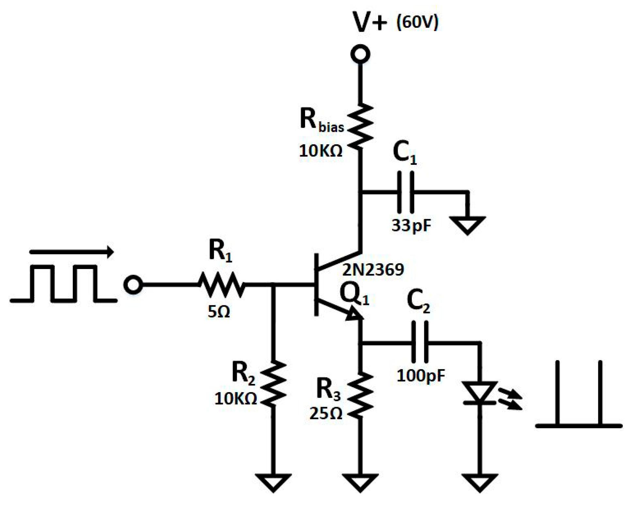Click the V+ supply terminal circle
[360, 54]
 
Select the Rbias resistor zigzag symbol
[360, 126]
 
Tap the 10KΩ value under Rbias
[321, 151]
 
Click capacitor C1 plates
[405, 192]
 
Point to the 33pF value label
[411, 225]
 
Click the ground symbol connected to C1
[467, 225]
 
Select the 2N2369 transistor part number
[373, 270]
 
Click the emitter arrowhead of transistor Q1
[354, 314]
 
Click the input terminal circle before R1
[133, 285]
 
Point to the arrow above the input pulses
[72, 252]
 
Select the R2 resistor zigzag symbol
[273, 384]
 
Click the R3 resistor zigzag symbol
[360, 395]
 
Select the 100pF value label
[421, 376]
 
